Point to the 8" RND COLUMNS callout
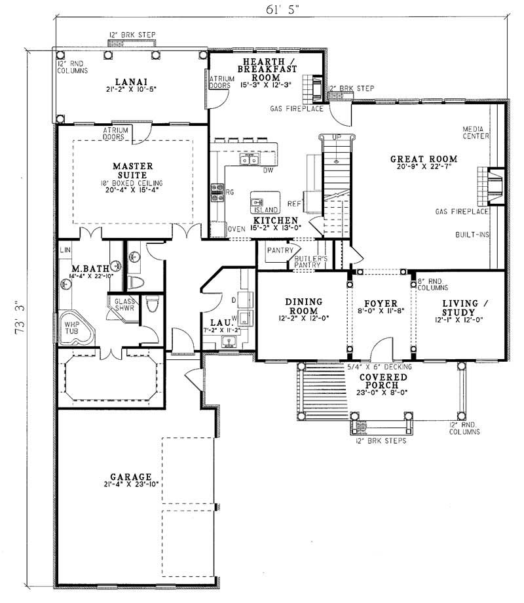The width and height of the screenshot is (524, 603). click(432, 284)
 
